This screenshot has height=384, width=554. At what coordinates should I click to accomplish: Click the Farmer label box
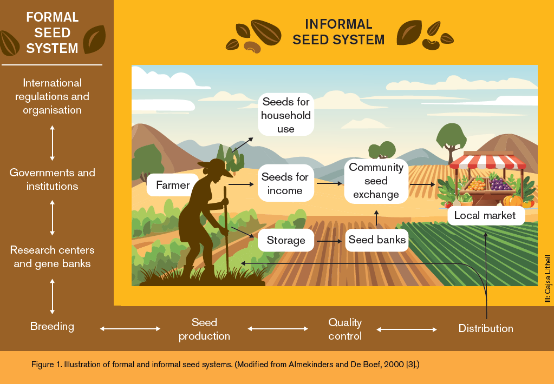tap(173, 185)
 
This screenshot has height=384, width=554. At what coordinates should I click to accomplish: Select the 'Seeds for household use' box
tap(286, 115)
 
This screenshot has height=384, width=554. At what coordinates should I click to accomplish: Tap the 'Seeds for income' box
tap(285, 183)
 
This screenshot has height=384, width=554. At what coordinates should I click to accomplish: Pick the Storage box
tap(286, 240)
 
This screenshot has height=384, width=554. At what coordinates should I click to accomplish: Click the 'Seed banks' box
tap(376, 240)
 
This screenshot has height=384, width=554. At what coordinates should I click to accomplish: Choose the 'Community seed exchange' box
tap(376, 181)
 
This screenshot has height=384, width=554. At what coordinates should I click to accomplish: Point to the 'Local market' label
tap(486, 215)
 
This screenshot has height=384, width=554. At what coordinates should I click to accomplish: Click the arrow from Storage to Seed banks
tap(329, 241)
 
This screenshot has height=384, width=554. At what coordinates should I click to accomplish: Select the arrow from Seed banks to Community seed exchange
tap(376, 218)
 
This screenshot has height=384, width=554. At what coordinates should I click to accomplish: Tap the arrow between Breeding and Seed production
tap(130, 329)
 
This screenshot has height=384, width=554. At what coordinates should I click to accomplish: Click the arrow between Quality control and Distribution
tap(407, 330)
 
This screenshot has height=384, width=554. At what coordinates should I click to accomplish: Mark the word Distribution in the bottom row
tap(486, 328)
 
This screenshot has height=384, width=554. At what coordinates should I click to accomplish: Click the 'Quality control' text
tap(345, 329)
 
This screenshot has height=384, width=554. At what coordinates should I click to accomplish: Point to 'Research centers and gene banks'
tap(53, 256)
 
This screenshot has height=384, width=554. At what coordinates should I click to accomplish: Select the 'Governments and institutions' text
tap(53, 180)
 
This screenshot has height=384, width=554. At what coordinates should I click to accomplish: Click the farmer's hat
tap(214, 167)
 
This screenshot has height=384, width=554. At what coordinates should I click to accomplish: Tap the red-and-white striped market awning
tap(487, 161)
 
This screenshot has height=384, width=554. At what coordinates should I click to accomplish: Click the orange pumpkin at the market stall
tap(513, 201)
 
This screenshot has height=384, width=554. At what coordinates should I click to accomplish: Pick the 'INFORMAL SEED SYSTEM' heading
tap(338, 32)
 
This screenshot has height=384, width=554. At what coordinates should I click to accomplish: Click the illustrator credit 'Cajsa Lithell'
tap(548, 279)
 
